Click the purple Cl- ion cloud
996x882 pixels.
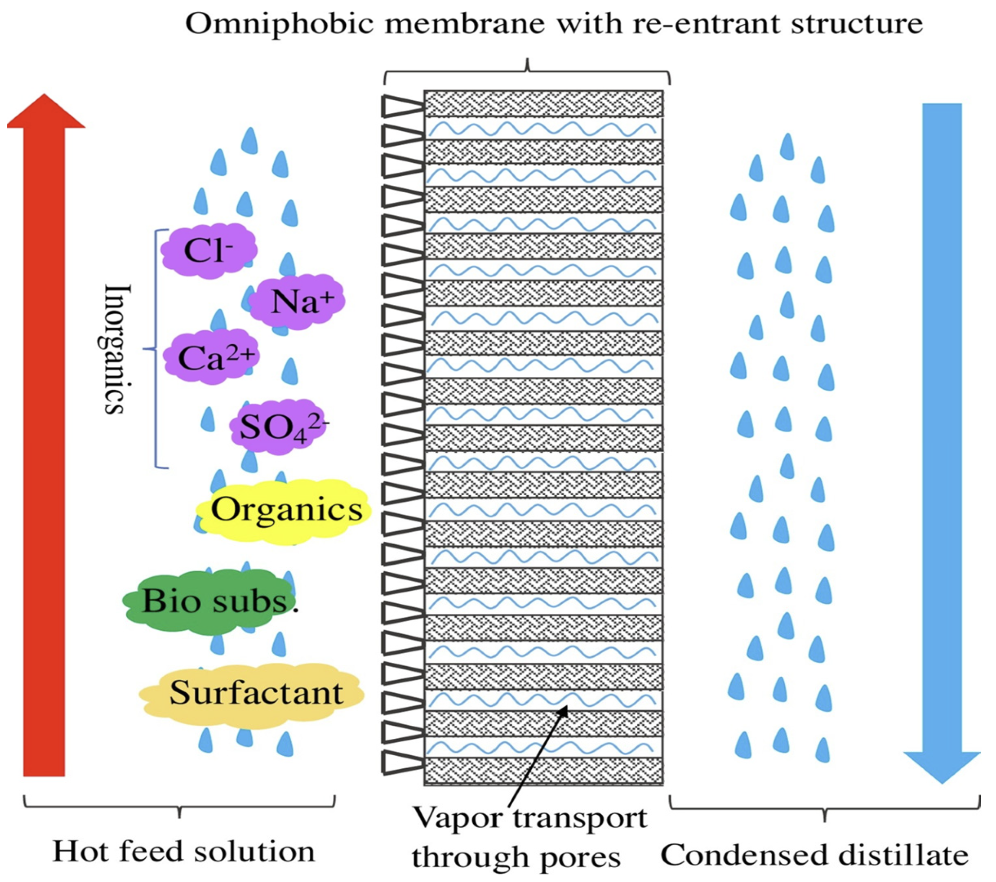click(x=209, y=250)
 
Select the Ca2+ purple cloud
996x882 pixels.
click(x=210, y=357)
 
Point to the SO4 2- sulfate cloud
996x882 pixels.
click(x=278, y=428)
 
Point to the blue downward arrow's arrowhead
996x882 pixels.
click(x=941, y=766)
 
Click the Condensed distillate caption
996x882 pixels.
click(x=814, y=855)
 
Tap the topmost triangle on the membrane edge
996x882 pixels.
click(x=400, y=106)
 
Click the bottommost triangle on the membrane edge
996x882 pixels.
click(x=400, y=761)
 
